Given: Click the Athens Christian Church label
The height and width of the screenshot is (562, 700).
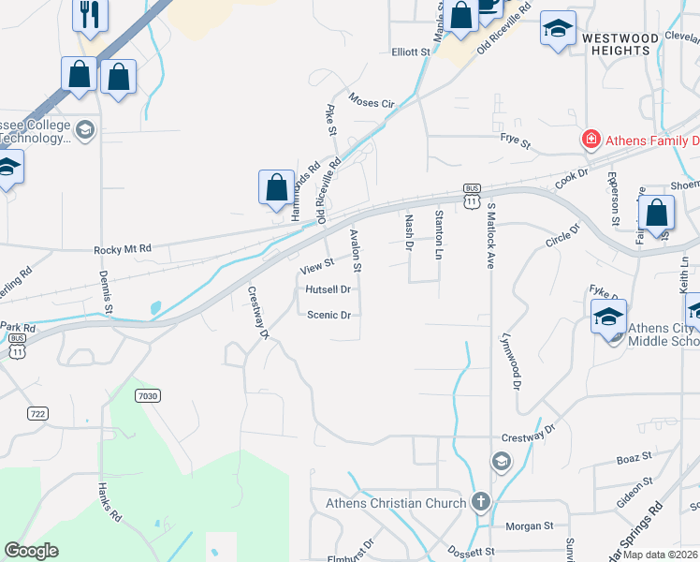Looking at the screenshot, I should [x=395, y=503].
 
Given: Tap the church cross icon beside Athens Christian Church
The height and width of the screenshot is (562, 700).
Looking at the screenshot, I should [x=481, y=503].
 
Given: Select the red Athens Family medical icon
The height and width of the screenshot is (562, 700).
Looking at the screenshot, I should [x=591, y=140].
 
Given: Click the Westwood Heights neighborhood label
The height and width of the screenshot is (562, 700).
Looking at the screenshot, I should [x=620, y=44].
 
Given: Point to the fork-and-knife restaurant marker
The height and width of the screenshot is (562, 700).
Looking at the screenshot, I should [x=91, y=14].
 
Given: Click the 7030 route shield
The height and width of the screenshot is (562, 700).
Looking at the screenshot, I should [x=147, y=396].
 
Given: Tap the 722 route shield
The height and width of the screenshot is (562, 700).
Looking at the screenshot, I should [x=37, y=413].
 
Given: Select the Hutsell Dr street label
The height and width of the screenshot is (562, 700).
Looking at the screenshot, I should [x=328, y=290].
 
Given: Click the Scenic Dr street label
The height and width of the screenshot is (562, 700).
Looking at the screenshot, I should [x=328, y=316].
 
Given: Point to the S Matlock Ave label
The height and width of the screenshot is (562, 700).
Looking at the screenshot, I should [x=490, y=239].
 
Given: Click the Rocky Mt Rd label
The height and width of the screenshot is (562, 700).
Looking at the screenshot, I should [x=122, y=250].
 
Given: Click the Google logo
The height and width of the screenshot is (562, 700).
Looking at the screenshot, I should [x=31, y=551].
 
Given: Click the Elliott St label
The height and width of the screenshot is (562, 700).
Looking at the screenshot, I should [x=409, y=52].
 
